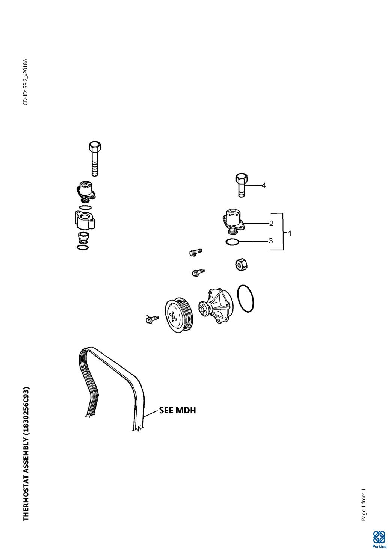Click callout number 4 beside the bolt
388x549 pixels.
[x=264, y=185]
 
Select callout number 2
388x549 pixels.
[x=271, y=223]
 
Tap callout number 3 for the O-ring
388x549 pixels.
[x=271, y=241]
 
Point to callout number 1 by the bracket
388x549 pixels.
[x=290, y=233]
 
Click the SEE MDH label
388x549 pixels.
[x=178, y=410]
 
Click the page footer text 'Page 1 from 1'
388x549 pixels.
[x=363, y=505]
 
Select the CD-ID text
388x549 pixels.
[x=25, y=82]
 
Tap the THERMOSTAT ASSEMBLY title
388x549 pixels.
[x=26, y=454]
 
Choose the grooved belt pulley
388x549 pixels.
[x=179, y=315]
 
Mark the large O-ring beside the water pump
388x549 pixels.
[x=246, y=298]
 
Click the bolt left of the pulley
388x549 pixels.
[x=151, y=319]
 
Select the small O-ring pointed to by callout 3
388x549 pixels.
[x=232, y=242]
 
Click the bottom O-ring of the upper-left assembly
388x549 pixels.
[x=83, y=247]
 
